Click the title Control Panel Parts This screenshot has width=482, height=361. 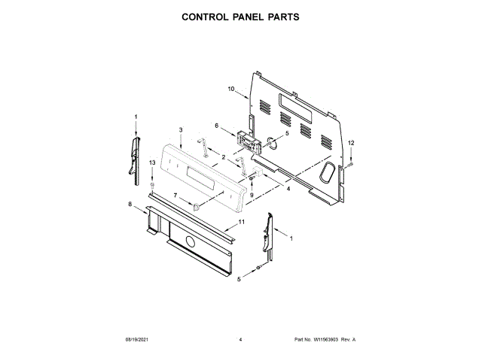[241, 16]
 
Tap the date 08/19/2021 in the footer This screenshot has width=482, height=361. [138, 341]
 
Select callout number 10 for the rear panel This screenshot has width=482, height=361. [232, 89]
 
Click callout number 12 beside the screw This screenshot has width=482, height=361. [350, 143]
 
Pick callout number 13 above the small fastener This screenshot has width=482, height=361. [152, 162]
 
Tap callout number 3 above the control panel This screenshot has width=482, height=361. [182, 130]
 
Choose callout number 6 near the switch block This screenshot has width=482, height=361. [217, 126]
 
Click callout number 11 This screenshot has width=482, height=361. [242, 222]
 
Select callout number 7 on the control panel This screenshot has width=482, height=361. [175, 196]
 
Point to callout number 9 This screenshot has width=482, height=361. [252, 195]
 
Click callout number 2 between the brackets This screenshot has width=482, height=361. [224, 156]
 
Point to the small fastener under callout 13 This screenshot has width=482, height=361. [152, 184]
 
